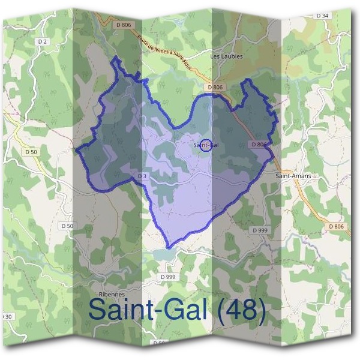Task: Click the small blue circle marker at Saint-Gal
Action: (206, 145)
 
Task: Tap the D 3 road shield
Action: (142, 176)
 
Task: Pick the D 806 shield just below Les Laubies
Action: (216, 88)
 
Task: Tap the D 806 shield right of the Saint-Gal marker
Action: (259, 145)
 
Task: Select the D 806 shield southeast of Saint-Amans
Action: (337, 226)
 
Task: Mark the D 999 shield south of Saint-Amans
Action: (260, 230)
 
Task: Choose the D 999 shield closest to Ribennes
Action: (168, 277)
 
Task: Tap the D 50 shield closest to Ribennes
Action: (68, 226)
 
